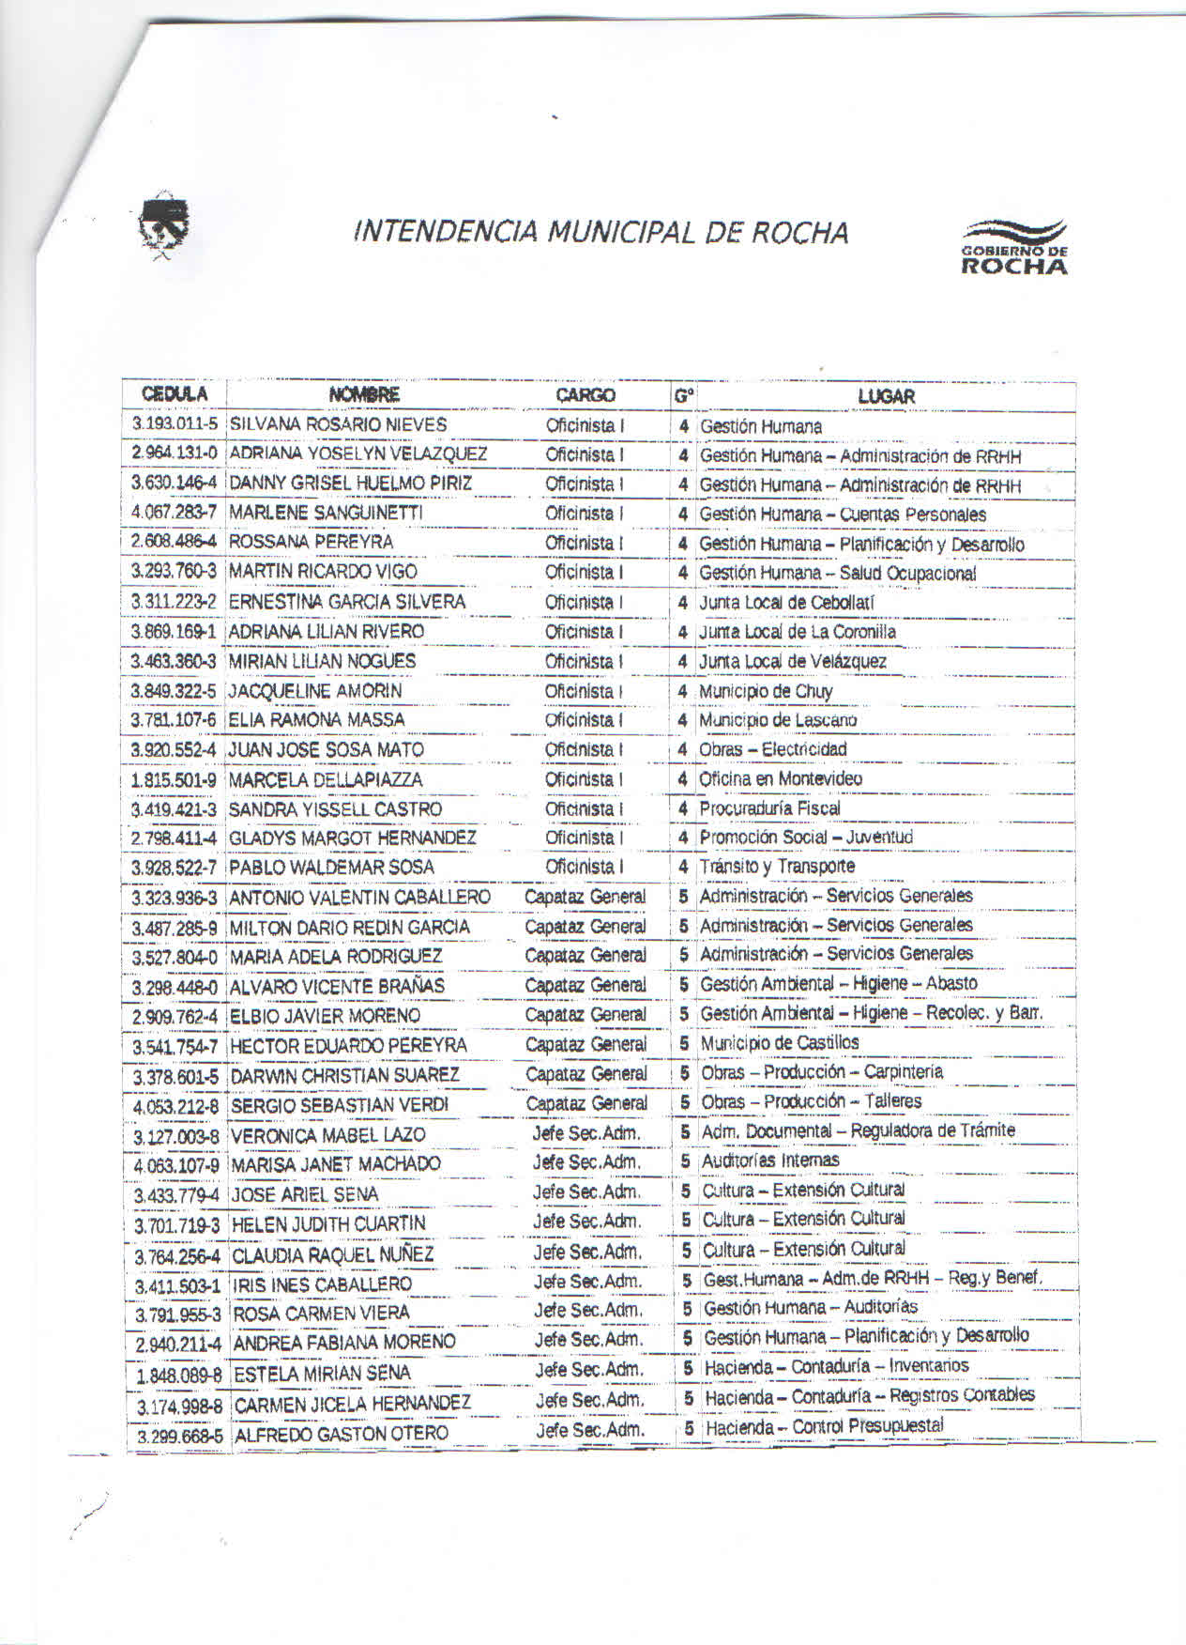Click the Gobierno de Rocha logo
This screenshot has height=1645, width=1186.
point(1013,247)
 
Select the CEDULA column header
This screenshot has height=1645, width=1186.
point(175,394)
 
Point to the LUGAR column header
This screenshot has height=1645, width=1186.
point(886,396)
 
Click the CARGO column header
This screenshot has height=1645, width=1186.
point(585,395)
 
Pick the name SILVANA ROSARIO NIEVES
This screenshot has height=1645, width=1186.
point(338,424)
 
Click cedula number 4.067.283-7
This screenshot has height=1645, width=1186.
point(175,513)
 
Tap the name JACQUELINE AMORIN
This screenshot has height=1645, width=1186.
point(315,691)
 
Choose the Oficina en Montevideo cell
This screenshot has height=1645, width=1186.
point(781,778)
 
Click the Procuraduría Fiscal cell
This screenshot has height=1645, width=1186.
point(769,808)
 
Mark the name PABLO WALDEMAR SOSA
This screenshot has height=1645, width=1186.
point(331,867)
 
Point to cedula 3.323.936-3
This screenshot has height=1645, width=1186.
point(175,899)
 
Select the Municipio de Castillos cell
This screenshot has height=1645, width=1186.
point(779,1043)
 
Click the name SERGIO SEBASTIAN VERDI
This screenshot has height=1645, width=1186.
point(340,1105)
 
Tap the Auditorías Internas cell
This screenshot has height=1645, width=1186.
point(770,1161)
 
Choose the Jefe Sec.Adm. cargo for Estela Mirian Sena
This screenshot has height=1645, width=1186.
point(589,1370)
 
